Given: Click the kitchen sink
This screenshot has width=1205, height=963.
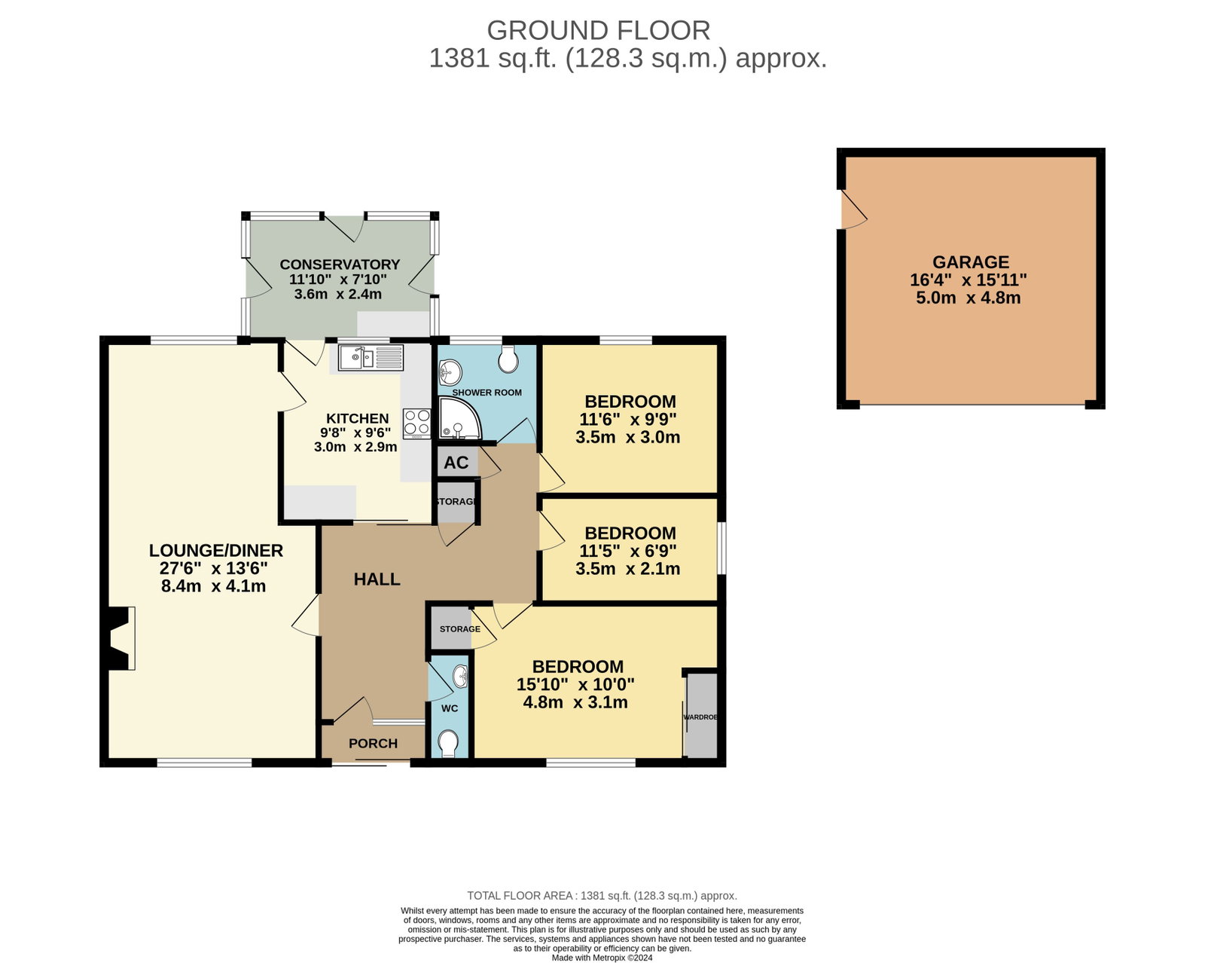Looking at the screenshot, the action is [x=370, y=357].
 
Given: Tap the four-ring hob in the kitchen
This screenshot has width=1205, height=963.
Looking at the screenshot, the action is [x=417, y=423].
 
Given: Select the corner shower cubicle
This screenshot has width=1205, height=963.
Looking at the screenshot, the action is [x=459, y=418].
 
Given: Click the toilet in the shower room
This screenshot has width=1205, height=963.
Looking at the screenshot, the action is [x=508, y=359].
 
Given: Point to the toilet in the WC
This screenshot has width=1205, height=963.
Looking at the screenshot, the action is [x=448, y=744].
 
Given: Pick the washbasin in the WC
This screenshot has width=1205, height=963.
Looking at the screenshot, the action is [x=460, y=677].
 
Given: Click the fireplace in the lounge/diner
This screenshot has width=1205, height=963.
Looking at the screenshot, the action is [x=118, y=638].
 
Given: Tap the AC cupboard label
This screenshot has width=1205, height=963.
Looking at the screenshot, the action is [x=456, y=462].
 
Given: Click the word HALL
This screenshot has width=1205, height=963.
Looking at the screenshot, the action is [x=377, y=579].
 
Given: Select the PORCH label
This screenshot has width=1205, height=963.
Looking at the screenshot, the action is [x=373, y=743].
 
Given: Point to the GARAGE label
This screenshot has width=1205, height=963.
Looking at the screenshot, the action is [x=970, y=261].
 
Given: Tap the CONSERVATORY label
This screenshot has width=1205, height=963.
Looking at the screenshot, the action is [x=340, y=264].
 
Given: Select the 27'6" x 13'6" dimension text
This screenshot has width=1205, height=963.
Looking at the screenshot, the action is [x=213, y=568].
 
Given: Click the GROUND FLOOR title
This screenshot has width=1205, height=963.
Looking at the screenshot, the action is [x=598, y=30].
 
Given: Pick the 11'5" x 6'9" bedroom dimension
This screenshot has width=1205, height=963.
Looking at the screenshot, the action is [x=627, y=551].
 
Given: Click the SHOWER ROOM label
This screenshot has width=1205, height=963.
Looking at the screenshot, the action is [x=487, y=392].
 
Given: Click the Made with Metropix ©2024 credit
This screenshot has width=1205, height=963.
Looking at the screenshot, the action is [x=602, y=958].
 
